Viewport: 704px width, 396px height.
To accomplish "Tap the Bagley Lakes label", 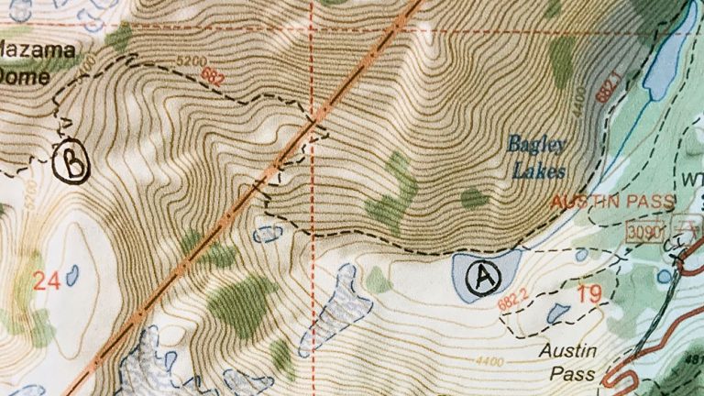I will pos(538,157).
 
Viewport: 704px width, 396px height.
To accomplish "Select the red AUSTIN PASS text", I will pos(613,201).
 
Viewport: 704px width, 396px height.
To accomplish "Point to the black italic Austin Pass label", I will pos(568,362).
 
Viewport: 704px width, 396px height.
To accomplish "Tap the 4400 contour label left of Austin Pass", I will pos(489,363).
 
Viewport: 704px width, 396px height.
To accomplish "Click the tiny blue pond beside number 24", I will pos(71,274).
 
